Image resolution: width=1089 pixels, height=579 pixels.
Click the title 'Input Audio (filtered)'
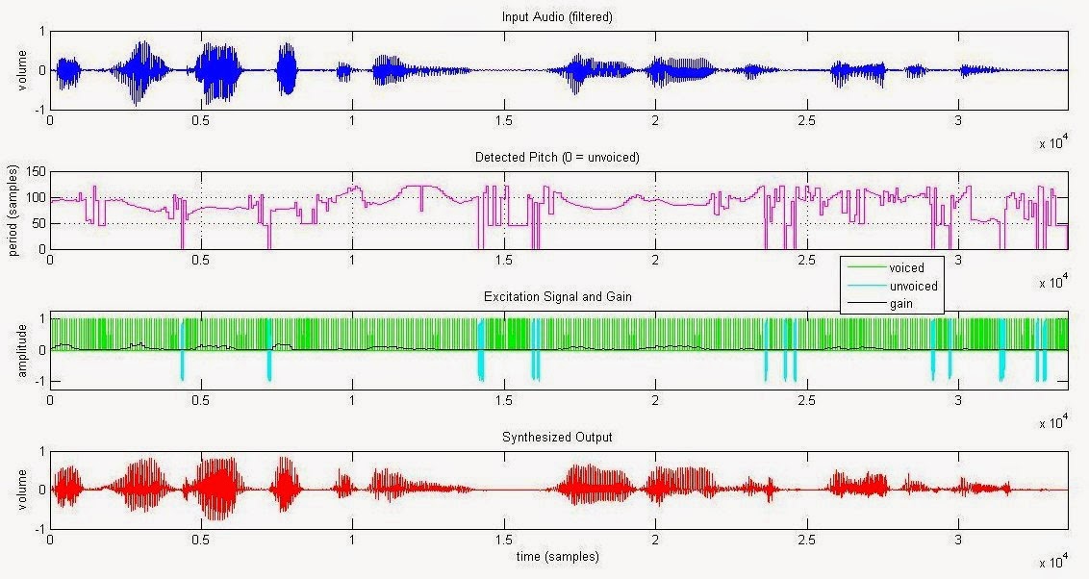[557, 16]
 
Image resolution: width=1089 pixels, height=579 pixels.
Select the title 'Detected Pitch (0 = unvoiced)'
[557, 157]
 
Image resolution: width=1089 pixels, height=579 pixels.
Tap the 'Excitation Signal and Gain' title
[558, 296]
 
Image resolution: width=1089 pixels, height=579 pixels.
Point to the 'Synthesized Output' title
[557, 437]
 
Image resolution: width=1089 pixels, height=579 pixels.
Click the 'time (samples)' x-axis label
[557, 556]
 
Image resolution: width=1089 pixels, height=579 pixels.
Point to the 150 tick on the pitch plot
[37, 171]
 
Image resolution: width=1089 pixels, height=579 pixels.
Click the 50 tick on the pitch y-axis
[39, 223]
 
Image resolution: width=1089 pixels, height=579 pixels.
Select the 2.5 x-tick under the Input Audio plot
[806, 120]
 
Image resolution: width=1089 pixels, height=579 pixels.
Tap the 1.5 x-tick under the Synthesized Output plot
[503, 540]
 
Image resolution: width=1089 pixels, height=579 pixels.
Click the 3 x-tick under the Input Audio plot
[958, 120]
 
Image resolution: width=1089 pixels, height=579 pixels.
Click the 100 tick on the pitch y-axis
[37, 198]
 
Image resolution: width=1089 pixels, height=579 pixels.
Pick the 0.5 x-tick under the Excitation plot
[201, 400]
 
